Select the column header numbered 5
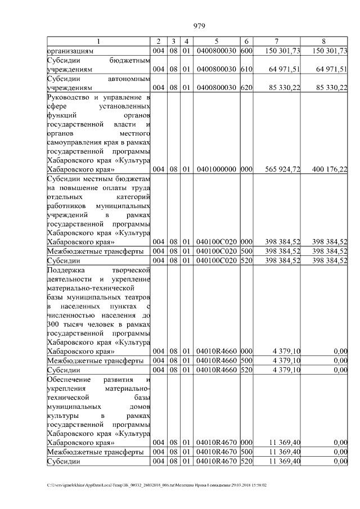[x=217, y=42]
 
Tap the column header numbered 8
[x=323, y=42]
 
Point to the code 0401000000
[x=217, y=169]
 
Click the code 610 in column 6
[x=245, y=69]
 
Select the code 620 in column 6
[x=245, y=88]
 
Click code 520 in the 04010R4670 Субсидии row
[x=245, y=462]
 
